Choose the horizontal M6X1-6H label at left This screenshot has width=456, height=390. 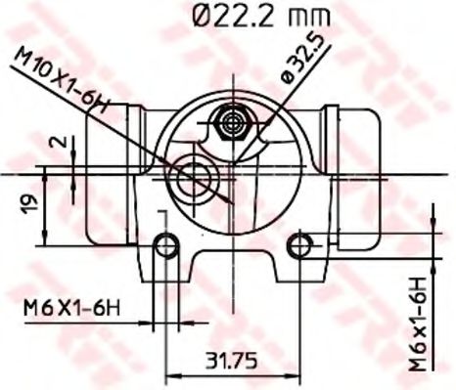[71, 309]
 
